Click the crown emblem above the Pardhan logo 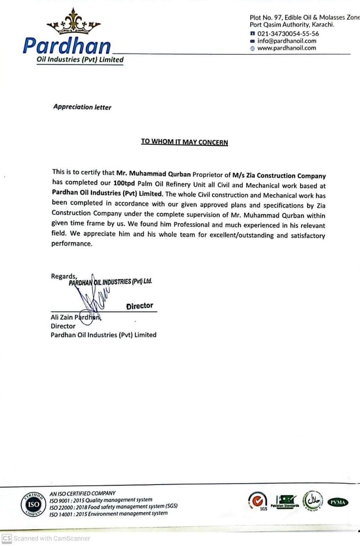pyautogui.click(x=73, y=23)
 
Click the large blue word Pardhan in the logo pyautogui.click(x=67, y=46)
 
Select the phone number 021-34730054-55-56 pyautogui.click(x=288, y=33)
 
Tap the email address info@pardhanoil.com pyautogui.click(x=287, y=41)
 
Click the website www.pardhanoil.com pyautogui.click(x=287, y=48)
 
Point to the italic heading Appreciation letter pyautogui.click(x=82, y=107)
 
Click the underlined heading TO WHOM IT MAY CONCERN pyautogui.click(x=184, y=142)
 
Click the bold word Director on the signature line pyautogui.click(x=140, y=306)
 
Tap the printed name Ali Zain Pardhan pyautogui.click(x=76, y=317)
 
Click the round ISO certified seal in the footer pyautogui.click(x=33, y=505)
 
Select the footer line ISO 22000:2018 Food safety pyautogui.click(x=113, y=506)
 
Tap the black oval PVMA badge pyautogui.click(x=337, y=502)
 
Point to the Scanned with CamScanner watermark pyautogui.click(x=46, y=538)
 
